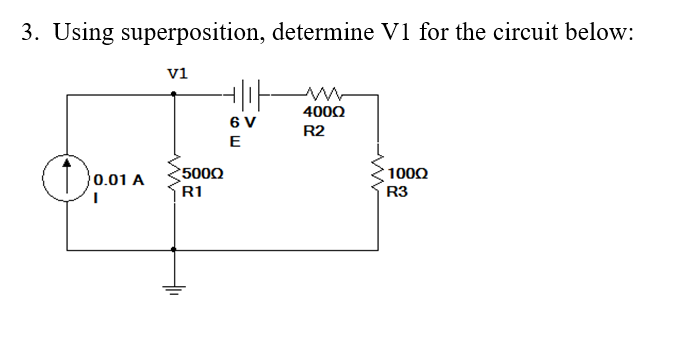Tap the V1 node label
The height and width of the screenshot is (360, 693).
tap(177, 72)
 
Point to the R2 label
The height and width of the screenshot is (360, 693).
tap(314, 132)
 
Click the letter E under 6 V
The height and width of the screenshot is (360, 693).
tap(234, 141)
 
